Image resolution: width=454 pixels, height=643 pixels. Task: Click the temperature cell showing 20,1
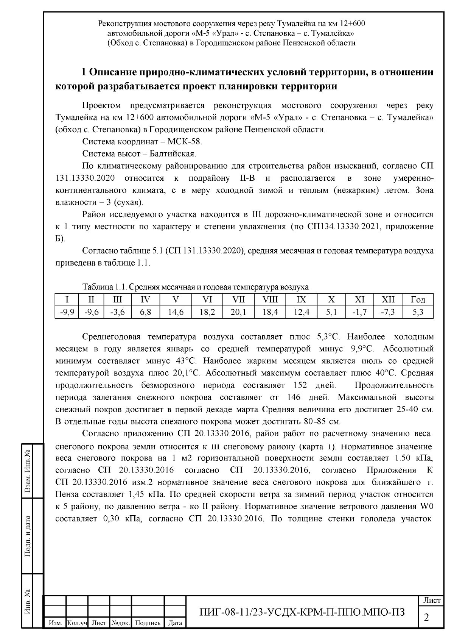pyautogui.click(x=238, y=312)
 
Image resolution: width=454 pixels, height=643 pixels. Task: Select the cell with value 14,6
pyautogui.click(x=176, y=312)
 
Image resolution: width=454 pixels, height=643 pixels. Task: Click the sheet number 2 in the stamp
pyautogui.click(x=426, y=618)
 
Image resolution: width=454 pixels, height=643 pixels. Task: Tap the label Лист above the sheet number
pyautogui.click(x=431, y=600)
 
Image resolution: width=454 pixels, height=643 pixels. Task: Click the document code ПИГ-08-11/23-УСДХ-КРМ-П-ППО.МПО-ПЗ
pyautogui.click(x=302, y=612)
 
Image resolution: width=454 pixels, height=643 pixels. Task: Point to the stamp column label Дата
pyautogui.click(x=175, y=623)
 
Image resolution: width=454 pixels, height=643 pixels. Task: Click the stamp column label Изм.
pyautogui.click(x=55, y=623)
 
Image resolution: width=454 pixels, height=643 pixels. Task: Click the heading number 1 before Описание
pyautogui.click(x=85, y=72)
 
